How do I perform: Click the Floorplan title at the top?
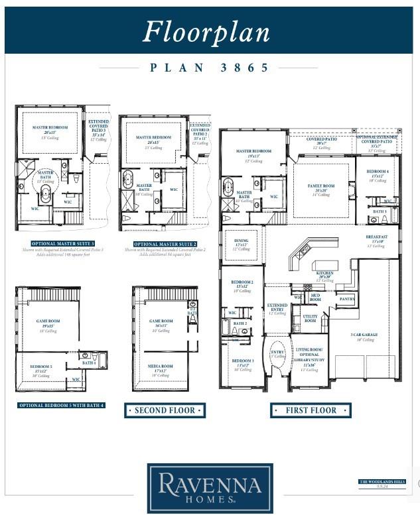206,31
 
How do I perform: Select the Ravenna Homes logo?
209,488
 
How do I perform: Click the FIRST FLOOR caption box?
310,410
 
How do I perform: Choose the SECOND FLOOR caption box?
165,410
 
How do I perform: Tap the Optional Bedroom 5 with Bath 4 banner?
61,405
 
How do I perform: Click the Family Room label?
322,187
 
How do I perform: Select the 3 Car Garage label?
364,335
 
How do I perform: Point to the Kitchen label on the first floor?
324,273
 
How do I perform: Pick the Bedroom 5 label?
41,366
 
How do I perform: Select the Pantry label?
346,300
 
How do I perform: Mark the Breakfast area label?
377,237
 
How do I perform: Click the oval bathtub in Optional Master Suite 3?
46,195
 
